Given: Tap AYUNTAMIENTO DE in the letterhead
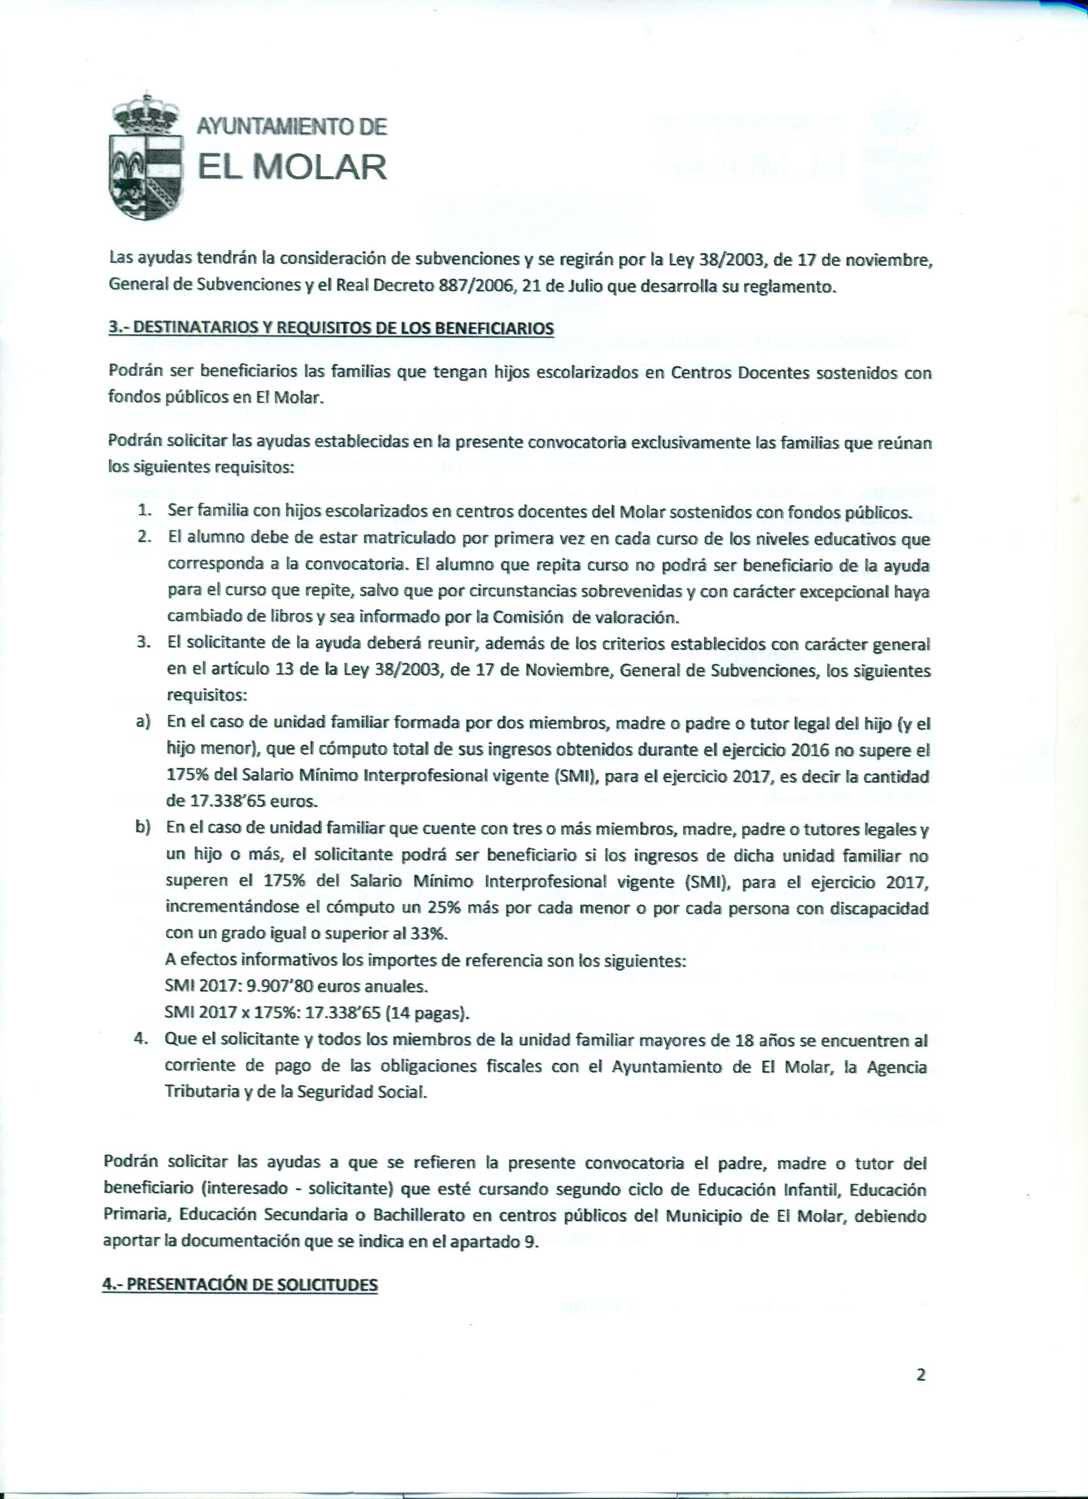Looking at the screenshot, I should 291,126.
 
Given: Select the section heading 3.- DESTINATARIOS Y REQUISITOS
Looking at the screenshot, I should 331,329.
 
